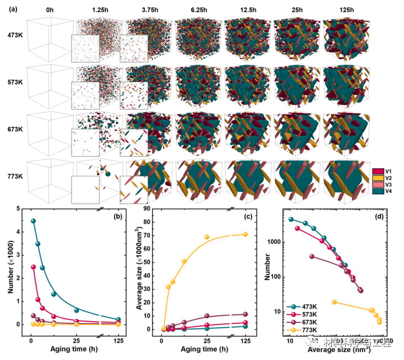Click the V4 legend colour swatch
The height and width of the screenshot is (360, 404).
coord(378,192)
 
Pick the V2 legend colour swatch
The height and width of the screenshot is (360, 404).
coord(378,178)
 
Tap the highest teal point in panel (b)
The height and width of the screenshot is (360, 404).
coord(33,221)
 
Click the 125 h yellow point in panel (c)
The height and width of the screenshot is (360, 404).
coord(245,235)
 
